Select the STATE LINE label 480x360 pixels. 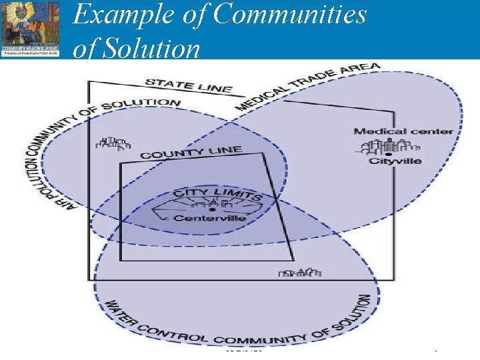pyautogui.click(x=189, y=85)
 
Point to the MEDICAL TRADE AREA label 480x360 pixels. pyautogui.click(x=307, y=87)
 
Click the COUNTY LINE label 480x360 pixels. pyautogui.click(x=191, y=153)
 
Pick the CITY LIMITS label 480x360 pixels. pyautogui.click(x=217, y=195)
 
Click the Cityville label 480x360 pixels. pyautogui.click(x=395, y=161)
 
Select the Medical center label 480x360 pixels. pyautogui.click(x=403, y=131)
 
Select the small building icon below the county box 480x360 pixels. pyautogui.click(x=299, y=272)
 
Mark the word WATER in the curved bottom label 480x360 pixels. pyautogui.click(x=118, y=314)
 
